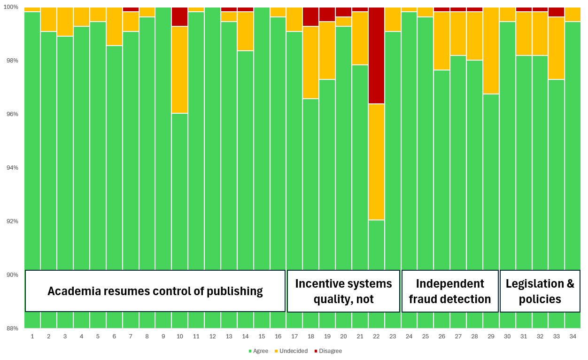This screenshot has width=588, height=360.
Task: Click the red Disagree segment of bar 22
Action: pyautogui.click(x=377, y=55)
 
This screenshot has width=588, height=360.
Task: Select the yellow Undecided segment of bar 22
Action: pyautogui.click(x=377, y=162)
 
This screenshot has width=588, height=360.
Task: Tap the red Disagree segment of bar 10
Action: pyautogui.click(x=179, y=16)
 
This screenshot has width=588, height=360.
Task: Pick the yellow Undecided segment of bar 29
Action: pyautogui.click(x=491, y=50)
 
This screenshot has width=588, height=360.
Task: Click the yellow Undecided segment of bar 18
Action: pyautogui.click(x=311, y=63)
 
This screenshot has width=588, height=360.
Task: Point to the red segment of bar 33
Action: pyautogui.click(x=556, y=12)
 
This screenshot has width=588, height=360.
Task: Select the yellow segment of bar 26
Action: pyautogui.click(x=441, y=41)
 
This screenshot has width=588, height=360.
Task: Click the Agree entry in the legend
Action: pyautogui.click(x=259, y=351)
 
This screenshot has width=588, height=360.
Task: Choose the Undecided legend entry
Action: pyautogui.click(x=291, y=351)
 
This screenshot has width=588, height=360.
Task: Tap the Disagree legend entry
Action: pyautogui.click(x=328, y=351)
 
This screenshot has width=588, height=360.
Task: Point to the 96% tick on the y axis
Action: pyautogui.click(x=12, y=114)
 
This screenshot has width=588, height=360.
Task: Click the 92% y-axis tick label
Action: pyautogui.click(x=12, y=221)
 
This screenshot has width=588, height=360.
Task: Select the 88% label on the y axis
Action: pyautogui.click(x=12, y=328)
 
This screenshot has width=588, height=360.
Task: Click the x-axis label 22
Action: pyautogui.click(x=376, y=337)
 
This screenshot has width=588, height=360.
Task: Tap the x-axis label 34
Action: pyautogui.click(x=573, y=337)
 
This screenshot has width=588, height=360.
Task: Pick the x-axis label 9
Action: pyautogui.click(x=163, y=337)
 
